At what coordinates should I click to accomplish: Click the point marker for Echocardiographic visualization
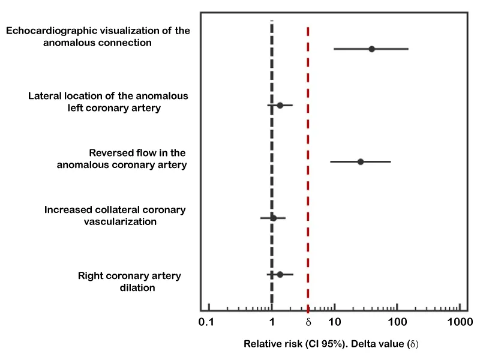(371, 49)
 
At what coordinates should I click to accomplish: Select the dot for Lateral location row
(280, 106)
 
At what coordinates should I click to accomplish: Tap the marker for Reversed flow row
(360, 162)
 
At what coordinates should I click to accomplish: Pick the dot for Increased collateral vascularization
(273, 218)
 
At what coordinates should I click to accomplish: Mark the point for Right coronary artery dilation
(280, 275)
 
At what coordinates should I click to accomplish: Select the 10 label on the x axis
(334, 323)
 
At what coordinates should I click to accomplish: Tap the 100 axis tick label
(397, 323)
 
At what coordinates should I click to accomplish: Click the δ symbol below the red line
(308, 323)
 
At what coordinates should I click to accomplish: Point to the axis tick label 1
(272, 323)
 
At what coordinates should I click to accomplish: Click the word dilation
(136, 288)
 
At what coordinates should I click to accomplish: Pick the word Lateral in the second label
(47, 96)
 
